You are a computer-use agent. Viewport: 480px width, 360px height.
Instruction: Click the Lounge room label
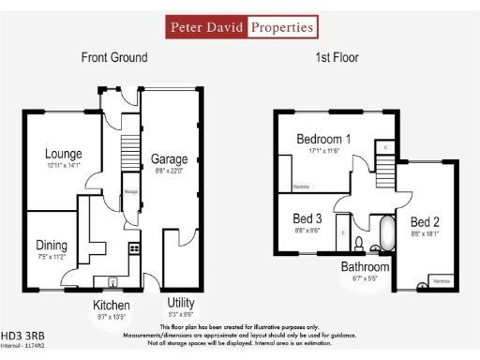[64, 154]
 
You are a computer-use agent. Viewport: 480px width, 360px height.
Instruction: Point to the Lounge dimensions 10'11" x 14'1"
[64, 166]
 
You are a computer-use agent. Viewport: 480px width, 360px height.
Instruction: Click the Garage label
[169, 159]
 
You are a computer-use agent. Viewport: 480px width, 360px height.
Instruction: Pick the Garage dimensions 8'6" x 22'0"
[169, 172]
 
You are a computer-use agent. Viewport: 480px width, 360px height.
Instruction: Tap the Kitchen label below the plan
[111, 306]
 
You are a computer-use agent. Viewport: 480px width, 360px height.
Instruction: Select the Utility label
[181, 304]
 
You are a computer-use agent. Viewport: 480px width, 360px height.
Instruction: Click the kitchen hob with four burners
[134, 249]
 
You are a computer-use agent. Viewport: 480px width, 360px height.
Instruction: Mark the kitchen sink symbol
[113, 279]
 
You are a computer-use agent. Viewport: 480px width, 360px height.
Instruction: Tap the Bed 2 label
[425, 223]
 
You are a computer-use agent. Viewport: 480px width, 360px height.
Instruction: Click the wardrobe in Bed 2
[441, 281]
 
